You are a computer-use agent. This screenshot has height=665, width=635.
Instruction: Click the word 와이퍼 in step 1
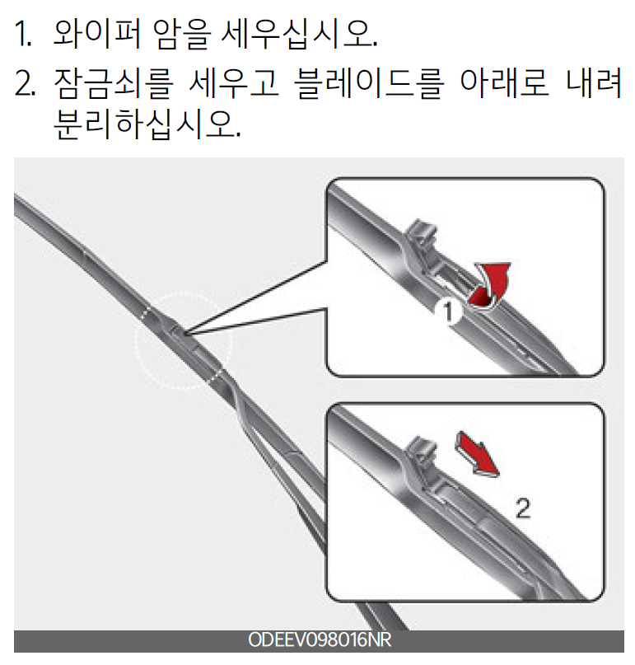tap(97, 34)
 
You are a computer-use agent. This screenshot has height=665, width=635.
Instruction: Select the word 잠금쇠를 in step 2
tap(113, 83)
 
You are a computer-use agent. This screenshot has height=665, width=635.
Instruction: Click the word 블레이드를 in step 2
tap(369, 83)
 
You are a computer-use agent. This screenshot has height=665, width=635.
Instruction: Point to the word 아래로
tap(504, 83)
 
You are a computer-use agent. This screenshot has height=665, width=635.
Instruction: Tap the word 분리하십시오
tap(147, 124)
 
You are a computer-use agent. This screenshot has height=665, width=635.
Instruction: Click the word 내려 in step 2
tap(594, 83)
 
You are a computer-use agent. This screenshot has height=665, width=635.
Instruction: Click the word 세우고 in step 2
tap(234, 83)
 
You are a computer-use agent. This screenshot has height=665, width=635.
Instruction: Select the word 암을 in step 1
tap(181, 34)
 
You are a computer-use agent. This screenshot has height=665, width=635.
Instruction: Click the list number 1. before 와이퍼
tap(23, 34)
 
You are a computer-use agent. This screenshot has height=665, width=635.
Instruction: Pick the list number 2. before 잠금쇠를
tap(25, 83)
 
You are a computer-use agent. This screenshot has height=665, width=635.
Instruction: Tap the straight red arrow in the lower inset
tap(478, 455)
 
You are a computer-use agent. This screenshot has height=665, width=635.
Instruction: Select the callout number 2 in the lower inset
tap(523, 508)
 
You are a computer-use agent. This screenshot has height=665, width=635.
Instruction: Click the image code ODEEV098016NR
tap(320, 640)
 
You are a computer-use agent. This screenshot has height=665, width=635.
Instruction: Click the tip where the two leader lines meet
tap(184, 333)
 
